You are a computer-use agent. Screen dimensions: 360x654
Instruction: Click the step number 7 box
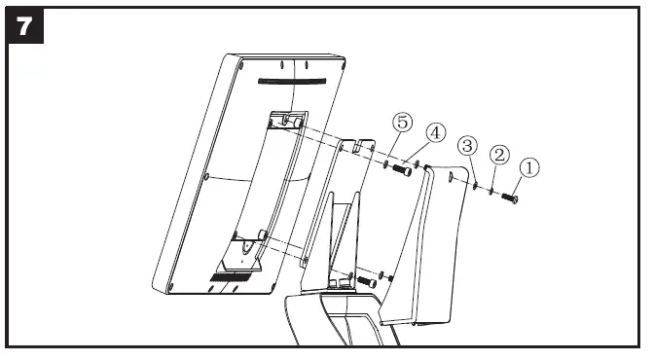click(25, 26)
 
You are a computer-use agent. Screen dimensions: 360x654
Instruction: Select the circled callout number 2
click(498, 154)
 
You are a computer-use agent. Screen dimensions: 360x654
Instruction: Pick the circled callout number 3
click(468, 146)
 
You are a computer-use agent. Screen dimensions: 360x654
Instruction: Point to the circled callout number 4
click(433, 130)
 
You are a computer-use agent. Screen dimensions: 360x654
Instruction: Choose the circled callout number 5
click(402, 123)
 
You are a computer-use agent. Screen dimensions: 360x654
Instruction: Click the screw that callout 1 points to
click(509, 198)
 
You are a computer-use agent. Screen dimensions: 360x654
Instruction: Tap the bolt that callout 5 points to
click(399, 170)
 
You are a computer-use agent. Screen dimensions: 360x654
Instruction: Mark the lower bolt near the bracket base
click(366, 281)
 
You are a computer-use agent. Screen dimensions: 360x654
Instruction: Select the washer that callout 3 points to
click(474, 186)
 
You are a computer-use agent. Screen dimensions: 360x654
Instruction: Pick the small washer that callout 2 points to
click(492, 192)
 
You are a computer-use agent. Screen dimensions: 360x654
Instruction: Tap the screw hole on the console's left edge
click(207, 176)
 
